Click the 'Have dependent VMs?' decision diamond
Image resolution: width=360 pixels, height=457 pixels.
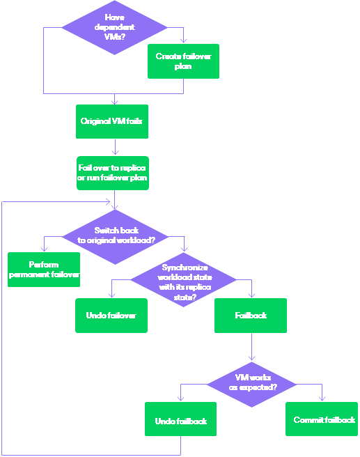click(x=114, y=28)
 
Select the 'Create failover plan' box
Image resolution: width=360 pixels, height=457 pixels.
click(x=183, y=61)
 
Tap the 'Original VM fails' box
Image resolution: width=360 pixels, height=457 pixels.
click(x=111, y=121)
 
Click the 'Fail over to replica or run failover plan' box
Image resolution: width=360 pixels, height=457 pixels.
click(x=112, y=173)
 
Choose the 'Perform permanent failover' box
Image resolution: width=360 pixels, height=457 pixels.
click(x=44, y=270)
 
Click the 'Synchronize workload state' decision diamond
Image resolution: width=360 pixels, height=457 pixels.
click(x=184, y=281)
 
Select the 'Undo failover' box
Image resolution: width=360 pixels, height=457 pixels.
click(x=111, y=316)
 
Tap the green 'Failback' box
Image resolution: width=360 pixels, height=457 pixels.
click(x=251, y=316)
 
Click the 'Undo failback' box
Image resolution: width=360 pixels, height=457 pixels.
click(x=180, y=420)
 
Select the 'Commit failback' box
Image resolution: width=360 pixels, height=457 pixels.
click(x=322, y=419)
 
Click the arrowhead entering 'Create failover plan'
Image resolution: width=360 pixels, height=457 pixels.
click(x=183, y=41)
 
